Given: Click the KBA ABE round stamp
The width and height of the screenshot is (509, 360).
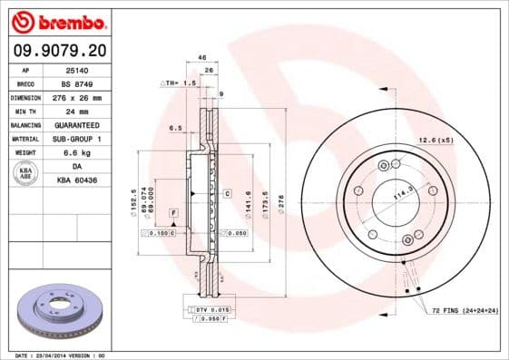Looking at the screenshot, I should (x=26, y=172).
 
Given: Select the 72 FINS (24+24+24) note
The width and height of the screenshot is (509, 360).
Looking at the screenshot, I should (x=465, y=310).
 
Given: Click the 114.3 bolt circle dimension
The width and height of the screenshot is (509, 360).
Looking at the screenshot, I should (x=396, y=195).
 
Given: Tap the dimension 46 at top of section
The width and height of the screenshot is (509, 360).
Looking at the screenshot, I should (x=201, y=57).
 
